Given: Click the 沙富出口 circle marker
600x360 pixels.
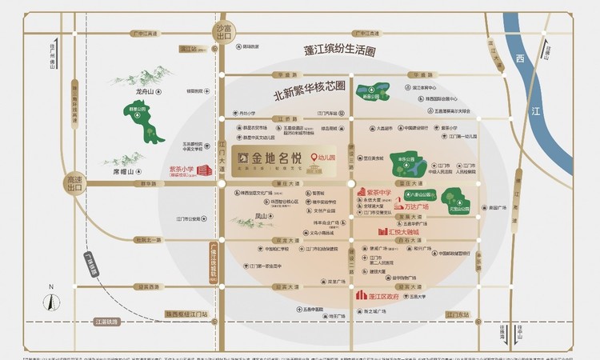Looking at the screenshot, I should coord(223,32).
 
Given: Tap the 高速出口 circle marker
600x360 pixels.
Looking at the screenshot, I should coord(75,183).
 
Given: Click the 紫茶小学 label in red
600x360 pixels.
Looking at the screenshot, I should coord(182,169).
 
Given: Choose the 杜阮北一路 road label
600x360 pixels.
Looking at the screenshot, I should coord(148,239).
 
